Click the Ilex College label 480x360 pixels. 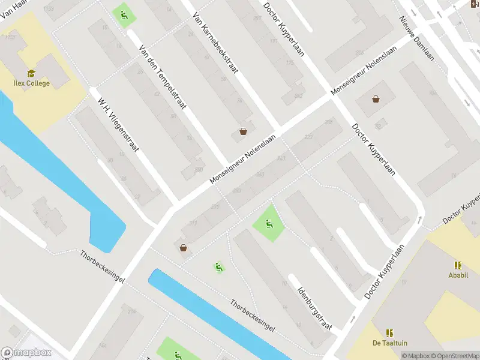point(31,83)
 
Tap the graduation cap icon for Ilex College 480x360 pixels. point(31,73)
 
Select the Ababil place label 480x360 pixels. point(458,275)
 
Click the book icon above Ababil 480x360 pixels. point(458,265)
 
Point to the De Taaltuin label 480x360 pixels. point(389,343)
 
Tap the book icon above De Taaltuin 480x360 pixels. point(389,332)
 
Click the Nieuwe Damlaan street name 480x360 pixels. point(417,37)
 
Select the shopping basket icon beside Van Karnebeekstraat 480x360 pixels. point(243,131)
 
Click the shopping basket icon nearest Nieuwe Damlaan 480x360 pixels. point(376,99)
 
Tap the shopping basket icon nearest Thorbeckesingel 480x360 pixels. point(183,247)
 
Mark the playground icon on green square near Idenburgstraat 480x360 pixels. point(268,224)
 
